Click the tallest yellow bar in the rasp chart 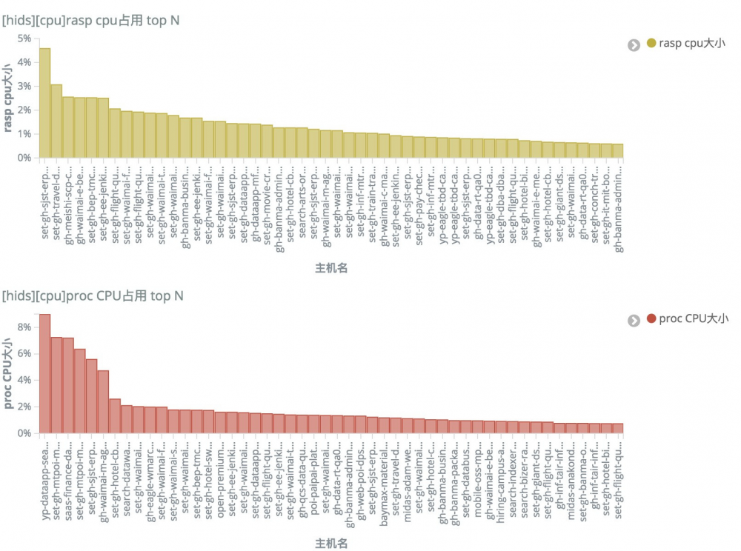tap(45, 103)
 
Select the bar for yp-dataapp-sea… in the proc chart tap(45, 373)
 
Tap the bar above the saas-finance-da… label tap(68, 385)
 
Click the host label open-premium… tap(221, 481)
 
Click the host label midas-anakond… tap(571, 481)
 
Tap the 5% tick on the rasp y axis tap(24, 39)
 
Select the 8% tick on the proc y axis tap(24, 327)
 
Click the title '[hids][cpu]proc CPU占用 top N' tap(93, 296)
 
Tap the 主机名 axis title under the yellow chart tap(331, 268)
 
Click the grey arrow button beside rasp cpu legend tap(634, 45)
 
